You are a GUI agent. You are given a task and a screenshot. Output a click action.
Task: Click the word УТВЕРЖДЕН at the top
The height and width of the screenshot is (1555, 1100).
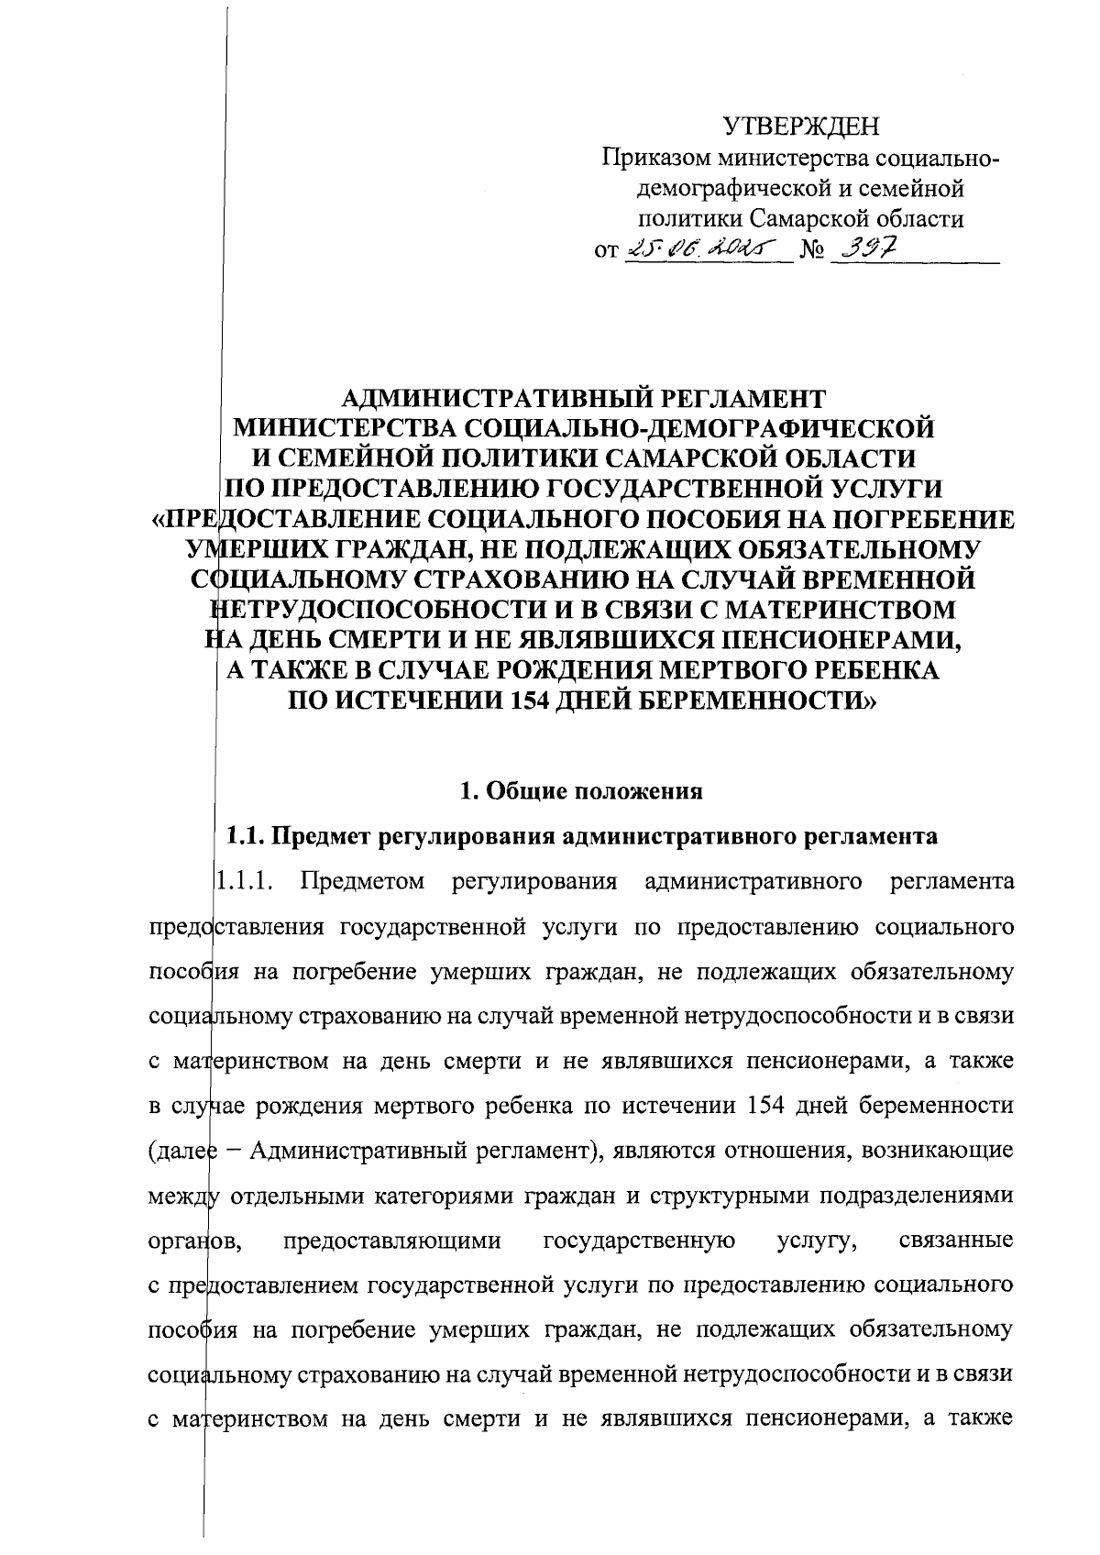pos(800,126)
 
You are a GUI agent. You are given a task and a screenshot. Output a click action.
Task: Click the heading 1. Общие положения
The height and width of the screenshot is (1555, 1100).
pos(581,791)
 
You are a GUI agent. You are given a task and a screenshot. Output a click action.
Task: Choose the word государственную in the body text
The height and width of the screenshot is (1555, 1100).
pos(639,1241)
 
